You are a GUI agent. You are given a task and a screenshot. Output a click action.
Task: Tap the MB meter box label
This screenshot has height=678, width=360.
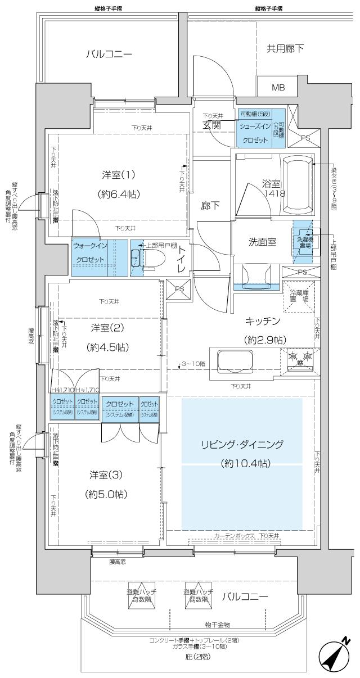[278, 87]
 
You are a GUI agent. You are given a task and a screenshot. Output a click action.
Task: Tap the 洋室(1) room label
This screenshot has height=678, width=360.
[118, 175]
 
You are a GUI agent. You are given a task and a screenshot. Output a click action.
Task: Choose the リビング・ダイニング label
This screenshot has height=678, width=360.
[242, 444]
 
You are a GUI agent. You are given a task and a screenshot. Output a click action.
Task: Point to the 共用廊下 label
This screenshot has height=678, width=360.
[285, 49]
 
